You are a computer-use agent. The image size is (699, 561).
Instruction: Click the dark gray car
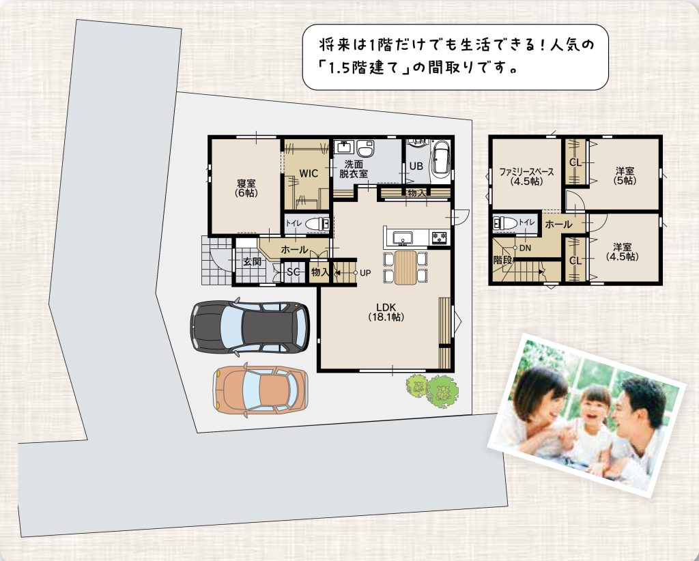click(250, 327)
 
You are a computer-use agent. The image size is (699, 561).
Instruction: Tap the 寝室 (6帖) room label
click(246, 188)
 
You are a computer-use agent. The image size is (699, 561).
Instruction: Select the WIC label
click(309, 173)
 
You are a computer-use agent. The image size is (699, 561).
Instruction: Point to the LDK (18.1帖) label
click(386, 312)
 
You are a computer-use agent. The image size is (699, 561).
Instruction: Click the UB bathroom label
click(416, 167)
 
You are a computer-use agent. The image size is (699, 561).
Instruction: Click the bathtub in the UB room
click(441, 158)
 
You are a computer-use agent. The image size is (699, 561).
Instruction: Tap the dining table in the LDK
click(405, 268)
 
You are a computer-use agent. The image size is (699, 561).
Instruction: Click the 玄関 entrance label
click(252, 261)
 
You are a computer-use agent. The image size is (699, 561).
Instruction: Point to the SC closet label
click(294, 272)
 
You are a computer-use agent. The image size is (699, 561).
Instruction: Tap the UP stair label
click(365, 273)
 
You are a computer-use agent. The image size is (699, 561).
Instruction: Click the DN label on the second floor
click(525, 248)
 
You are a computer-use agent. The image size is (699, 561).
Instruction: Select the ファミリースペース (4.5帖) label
click(526, 177)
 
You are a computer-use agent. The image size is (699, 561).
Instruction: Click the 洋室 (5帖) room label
click(625, 176)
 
